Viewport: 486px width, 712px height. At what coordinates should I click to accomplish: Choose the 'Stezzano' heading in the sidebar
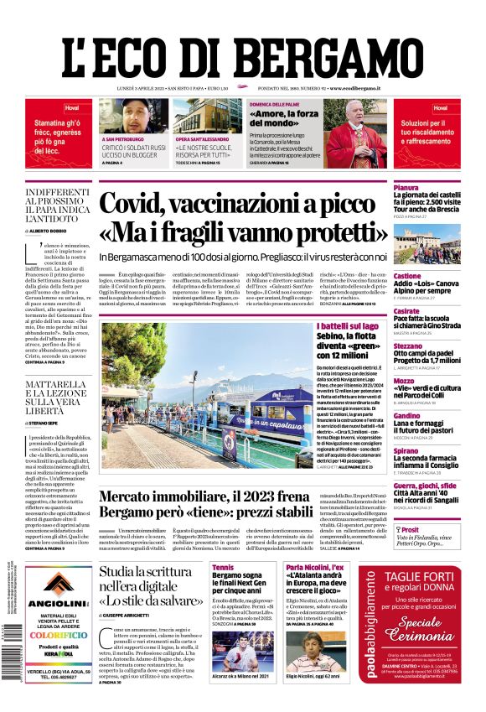pyautogui.click(x=385, y=345)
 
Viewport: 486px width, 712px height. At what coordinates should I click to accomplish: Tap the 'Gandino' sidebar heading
pyautogui.click(x=383, y=416)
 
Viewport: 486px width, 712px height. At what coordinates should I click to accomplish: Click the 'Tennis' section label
pyautogui.click(x=223, y=568)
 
